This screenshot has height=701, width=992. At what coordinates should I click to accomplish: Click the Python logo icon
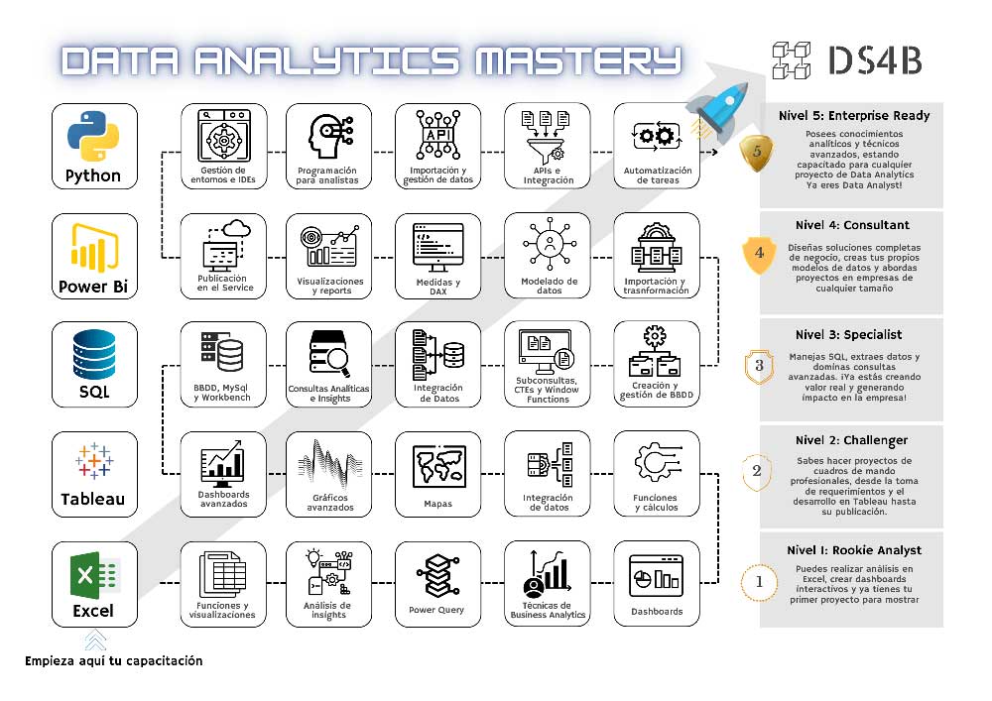click(x=93, y=135)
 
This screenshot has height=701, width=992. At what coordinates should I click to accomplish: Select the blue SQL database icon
click(x=94, y=355)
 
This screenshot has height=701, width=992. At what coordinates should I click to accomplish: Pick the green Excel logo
click(x=94, y=575)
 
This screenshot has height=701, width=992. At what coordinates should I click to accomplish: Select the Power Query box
click(x=437, y=584)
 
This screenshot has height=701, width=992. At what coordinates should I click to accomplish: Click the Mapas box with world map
click(x=437, y=474)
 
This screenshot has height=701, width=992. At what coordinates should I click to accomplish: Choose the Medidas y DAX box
click(x=437, y=256)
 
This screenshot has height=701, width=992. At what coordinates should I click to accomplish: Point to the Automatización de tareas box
click(x=657, y=146)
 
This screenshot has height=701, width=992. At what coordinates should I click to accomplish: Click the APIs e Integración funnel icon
click(x=546, y=137)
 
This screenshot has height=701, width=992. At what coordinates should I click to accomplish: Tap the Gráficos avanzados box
click(x=329, y=474)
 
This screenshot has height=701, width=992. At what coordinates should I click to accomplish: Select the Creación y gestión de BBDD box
click(x=657, y=364)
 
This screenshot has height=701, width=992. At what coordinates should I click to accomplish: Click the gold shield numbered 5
click(x=757, y=153)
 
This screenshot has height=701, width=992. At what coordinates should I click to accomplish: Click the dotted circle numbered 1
click(x=759, y=582)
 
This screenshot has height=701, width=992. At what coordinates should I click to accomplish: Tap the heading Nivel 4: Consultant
click(x=852, y=225)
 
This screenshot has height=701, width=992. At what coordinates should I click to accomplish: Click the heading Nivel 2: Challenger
click(x=851, y=440)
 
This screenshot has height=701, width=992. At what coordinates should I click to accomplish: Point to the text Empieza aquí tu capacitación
click(x=114, y=661)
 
